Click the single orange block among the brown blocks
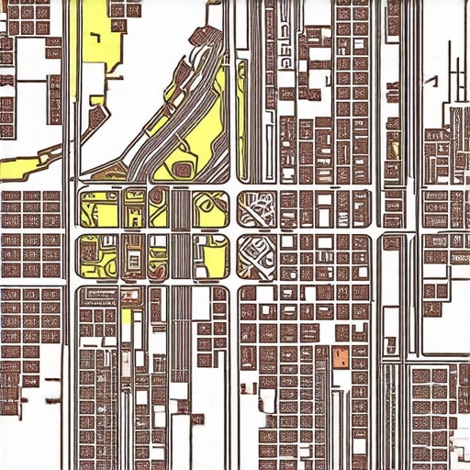coord(341,357)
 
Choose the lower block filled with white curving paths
coord(258,256)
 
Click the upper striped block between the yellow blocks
coord(180,207)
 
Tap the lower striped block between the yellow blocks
coord(180,256)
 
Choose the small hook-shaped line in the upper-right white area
coord(457,77)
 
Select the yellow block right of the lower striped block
coord(213,256)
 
